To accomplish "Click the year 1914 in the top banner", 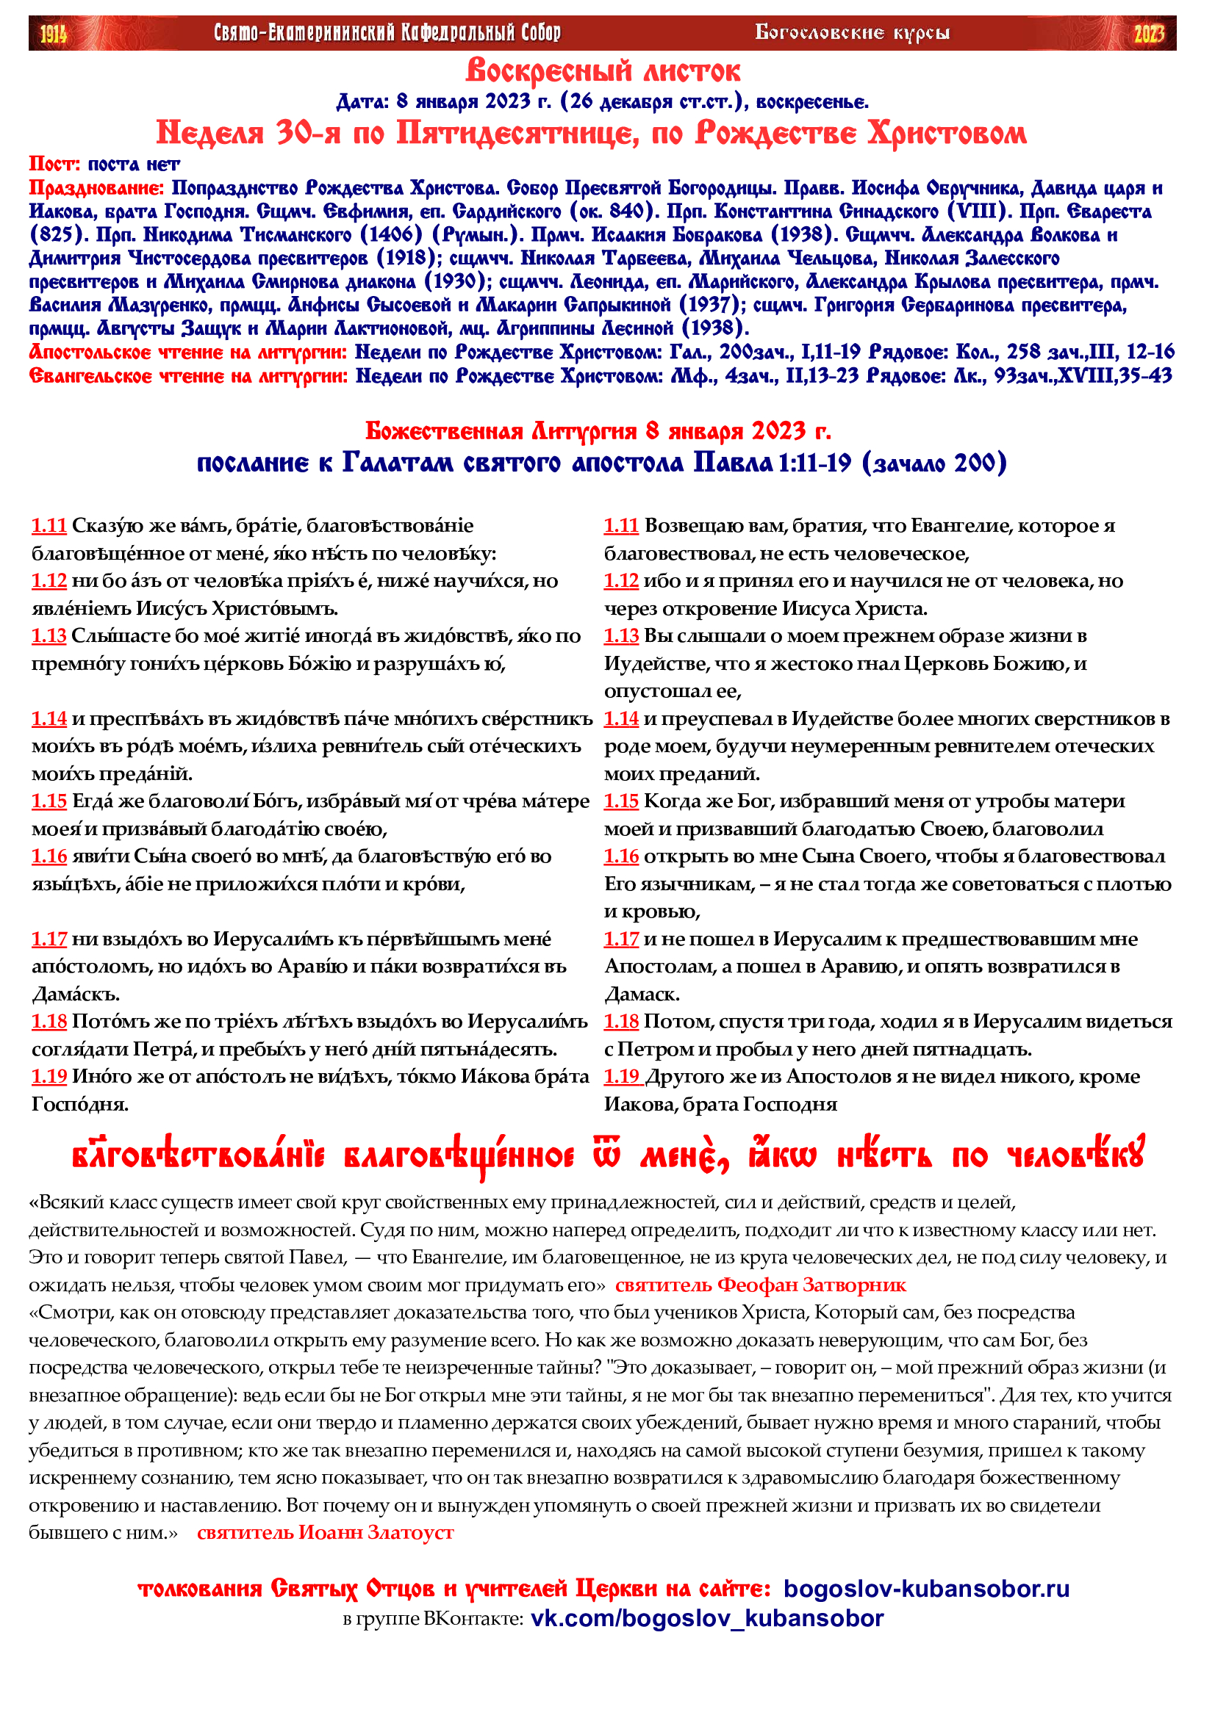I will coord(53,34).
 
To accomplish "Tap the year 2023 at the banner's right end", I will coord(1148,34).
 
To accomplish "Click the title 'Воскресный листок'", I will coord(603,72).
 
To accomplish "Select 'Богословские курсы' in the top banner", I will coord(853,33).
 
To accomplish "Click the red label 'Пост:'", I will coord(54,164).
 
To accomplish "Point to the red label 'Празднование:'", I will coord(96,188).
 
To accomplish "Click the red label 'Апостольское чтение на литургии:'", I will coord(188,352).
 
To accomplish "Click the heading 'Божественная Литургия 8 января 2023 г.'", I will coord(598,431).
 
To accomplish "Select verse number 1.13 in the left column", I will coord(49,636).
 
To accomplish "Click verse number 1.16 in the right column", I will coord(621,856).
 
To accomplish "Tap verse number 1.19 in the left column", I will coord(49,1077).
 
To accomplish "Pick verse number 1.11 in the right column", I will coord(621,526).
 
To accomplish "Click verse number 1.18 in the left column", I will coord(49,1022).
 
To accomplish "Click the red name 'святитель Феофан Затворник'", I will coord(761,1285).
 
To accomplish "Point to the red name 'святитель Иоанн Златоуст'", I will coord(326,1532).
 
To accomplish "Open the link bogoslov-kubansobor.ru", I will coord(927,1589).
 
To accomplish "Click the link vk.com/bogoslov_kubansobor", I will coord(707,1619).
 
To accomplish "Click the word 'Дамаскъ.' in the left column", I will coord(67,995).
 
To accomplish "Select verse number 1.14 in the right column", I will coord(621,718).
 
